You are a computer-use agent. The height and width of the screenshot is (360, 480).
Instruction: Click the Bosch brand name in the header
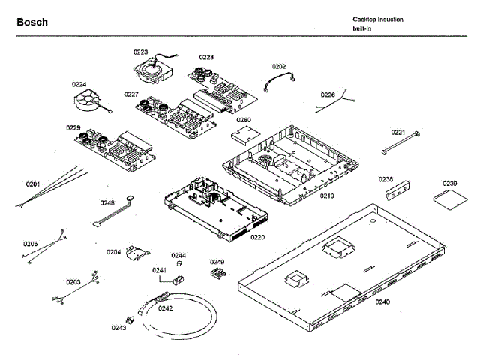[x=32, y=22]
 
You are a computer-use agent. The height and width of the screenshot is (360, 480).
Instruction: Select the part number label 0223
[x=140, y=52]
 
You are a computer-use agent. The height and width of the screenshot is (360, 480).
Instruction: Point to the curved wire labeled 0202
[x=279, y=79]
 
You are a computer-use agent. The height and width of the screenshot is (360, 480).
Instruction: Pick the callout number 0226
[x=328, y=94]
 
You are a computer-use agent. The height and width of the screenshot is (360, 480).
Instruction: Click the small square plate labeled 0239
[x=448, y=198]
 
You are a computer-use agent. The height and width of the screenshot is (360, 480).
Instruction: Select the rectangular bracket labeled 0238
[x=398, y=193]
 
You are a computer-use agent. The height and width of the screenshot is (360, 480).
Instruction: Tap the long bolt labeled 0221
[x=399, y=145]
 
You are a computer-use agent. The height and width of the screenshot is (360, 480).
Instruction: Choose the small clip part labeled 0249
[x=218, y=273]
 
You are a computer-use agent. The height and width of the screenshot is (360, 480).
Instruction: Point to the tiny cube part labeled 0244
[x=179, y=263]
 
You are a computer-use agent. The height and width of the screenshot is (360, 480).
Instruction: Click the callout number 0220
[x=257, y=236]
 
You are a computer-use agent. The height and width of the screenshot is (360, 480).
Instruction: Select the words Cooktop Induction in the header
[x=378, y=19]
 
